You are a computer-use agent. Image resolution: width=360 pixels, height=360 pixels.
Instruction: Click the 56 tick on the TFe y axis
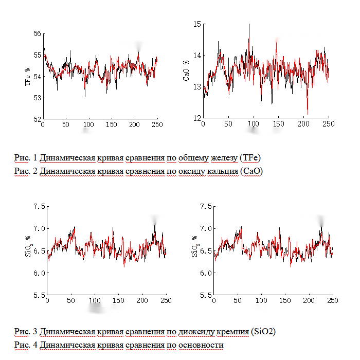coord(37,33)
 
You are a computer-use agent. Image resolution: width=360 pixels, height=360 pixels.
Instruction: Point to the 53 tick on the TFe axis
coord(37,98)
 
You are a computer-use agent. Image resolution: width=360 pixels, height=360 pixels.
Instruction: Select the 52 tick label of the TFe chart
coord(37,119)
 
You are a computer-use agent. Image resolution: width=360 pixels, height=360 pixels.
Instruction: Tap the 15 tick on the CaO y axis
coord(196,24)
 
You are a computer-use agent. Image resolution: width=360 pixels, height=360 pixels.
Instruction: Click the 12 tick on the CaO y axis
coord(196,118)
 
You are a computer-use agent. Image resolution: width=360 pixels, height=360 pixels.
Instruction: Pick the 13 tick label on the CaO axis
coord(196,87)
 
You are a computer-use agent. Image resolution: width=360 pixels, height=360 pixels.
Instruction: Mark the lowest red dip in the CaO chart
coord(308,114)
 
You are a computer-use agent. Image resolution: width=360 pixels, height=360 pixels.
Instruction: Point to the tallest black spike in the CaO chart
coord(249,25)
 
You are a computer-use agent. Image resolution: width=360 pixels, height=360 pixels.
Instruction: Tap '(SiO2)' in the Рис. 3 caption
coord(263,331)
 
